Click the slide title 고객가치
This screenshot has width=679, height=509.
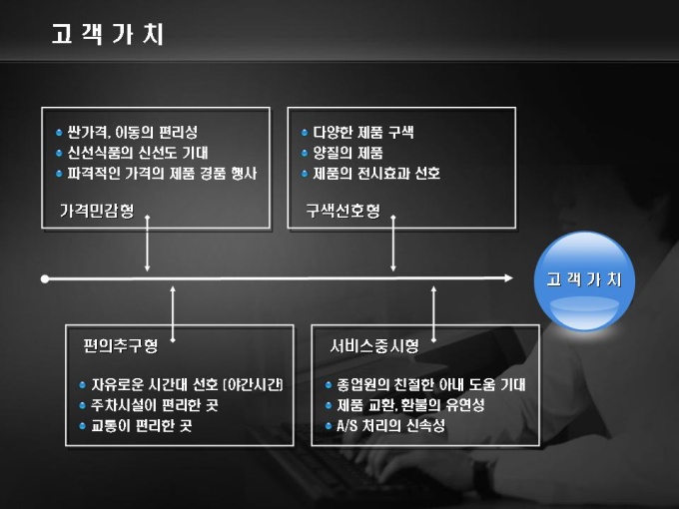point(108,35)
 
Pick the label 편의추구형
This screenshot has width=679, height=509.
point(121,347)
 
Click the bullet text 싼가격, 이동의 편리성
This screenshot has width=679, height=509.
point(139,132)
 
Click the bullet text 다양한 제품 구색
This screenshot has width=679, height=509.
point(362,132)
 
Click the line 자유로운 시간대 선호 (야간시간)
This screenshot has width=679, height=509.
point(187,384)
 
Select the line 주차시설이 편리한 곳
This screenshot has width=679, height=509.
point(155,405)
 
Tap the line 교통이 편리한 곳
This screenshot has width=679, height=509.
point(141,426)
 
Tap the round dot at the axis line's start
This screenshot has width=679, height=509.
point(45,278)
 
